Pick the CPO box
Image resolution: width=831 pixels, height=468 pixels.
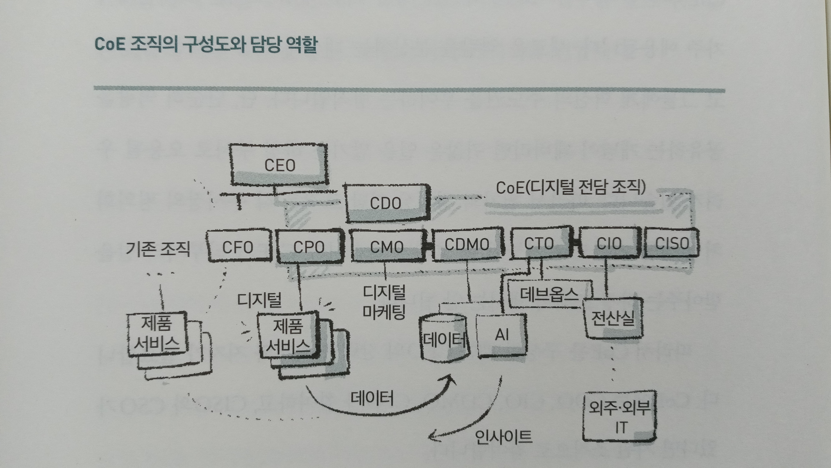pyautogui.click(x=309, y=247)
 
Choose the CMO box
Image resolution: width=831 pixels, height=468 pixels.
pyautogui.click(x=387, y=247)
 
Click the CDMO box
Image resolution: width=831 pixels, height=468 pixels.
pyautogui.click(x=467, y=244)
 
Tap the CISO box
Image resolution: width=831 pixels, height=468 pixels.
pyautogui.click(x=672, y=243)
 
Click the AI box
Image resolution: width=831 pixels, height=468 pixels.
pyautogui.click(x=502, y=335)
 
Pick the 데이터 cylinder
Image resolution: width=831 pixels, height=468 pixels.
pyautogui.click(x=445, y=340)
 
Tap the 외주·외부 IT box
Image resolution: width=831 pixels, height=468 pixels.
pyautogui.click(x=620, y=416)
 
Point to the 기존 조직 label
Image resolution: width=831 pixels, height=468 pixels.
pyautogui.click(x=158, y=249)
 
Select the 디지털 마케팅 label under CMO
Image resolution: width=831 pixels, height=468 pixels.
pyautogui.click(x=384, y=302)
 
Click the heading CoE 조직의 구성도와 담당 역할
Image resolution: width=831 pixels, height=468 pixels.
pyautogui.click(x=206, y=44)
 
